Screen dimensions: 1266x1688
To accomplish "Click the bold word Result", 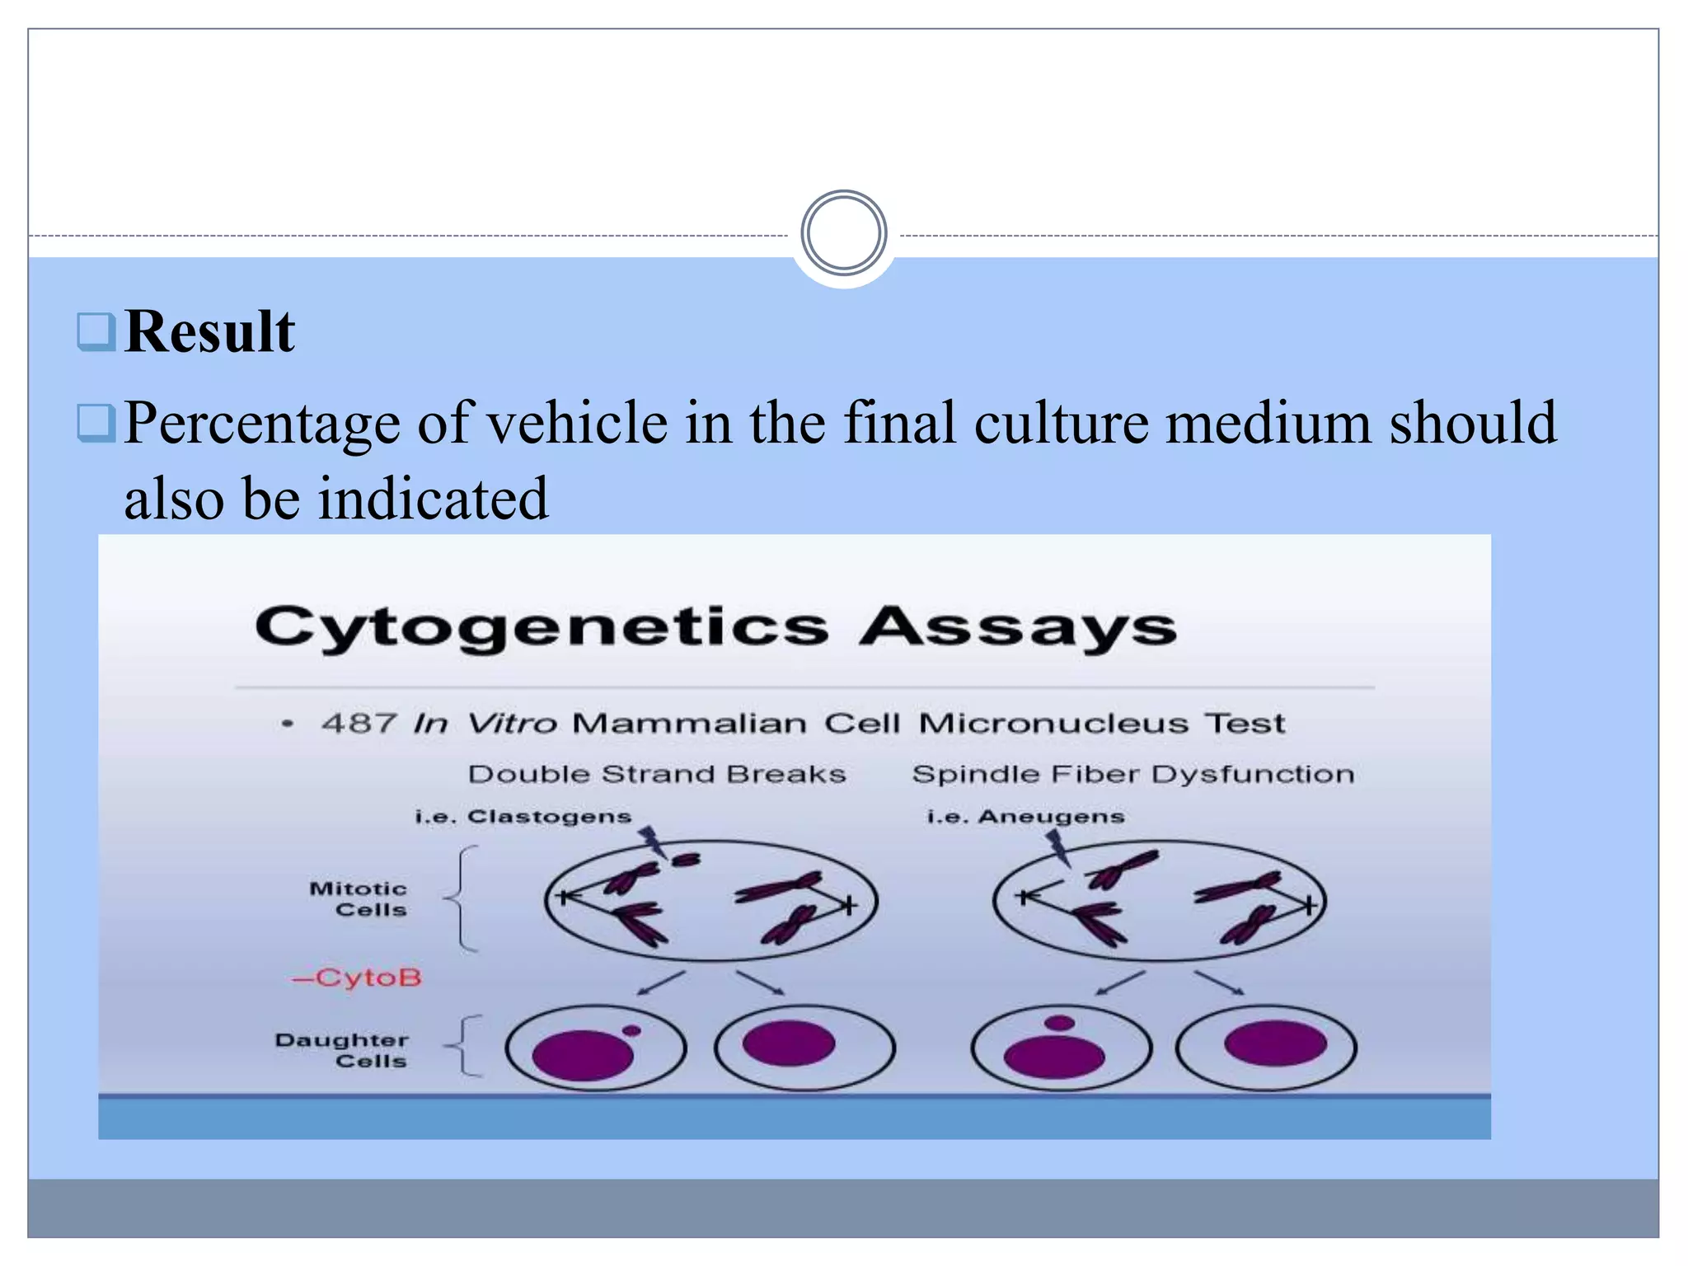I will click(209, 332).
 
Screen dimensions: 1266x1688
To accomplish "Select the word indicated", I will click(433, 499).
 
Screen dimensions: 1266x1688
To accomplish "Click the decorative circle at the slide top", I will click(843, 233).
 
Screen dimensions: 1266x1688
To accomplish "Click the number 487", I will click(359, 724).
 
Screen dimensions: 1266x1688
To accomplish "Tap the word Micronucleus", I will click(1054, 724).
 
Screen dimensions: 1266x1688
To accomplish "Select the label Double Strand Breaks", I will click(657, 774).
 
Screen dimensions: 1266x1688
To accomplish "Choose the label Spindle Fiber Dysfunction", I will click(1133, 774).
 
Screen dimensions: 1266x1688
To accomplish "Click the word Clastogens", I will click(549, 816).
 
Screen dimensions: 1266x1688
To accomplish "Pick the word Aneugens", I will click(1051, 816).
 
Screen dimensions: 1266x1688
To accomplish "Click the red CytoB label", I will click(358, 978).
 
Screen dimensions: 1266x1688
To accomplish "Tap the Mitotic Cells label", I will click(359, 899).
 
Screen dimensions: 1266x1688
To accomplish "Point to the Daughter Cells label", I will click(342, 1050).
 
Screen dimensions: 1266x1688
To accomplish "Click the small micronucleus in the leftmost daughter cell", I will click(631, 1030).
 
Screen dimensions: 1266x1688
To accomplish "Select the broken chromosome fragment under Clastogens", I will click(685, 860).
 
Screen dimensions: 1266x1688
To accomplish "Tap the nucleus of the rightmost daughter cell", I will click(1275, 1043).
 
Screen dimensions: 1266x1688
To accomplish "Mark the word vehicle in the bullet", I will click(577, 424).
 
